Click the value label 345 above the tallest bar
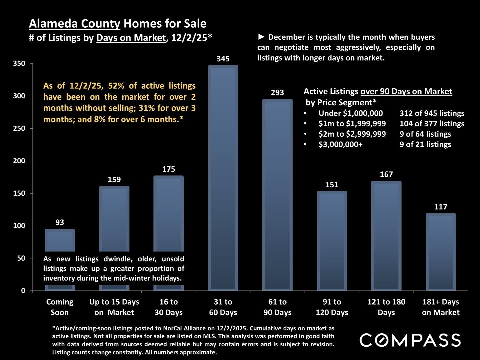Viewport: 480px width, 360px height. click(x=223, y=59)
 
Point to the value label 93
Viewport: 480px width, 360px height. click(x=60, y=223)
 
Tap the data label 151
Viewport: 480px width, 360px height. click(x=332, y=185)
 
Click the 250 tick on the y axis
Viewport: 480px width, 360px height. click(x=19, y=128)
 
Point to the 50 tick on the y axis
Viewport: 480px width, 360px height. click(x=21, y=258)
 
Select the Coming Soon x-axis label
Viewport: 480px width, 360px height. click(x=60, y=307)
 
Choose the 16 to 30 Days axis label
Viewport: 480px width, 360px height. click(x=169, y=307)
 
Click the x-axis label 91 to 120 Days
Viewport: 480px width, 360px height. click(x=332, y=307)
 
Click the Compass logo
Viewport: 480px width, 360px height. click(x=410, y=340)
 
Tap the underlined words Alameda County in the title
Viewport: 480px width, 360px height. click(x=74, y=24)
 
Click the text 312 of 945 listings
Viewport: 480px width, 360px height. click(x=432, y=113)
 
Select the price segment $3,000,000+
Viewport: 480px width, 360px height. click(x=340, y=144)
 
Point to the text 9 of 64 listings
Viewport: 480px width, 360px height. click(x=425, y=134)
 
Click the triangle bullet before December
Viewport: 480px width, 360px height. click(x=261, y=37)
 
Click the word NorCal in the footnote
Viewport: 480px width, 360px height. click(x=174, y=328)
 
